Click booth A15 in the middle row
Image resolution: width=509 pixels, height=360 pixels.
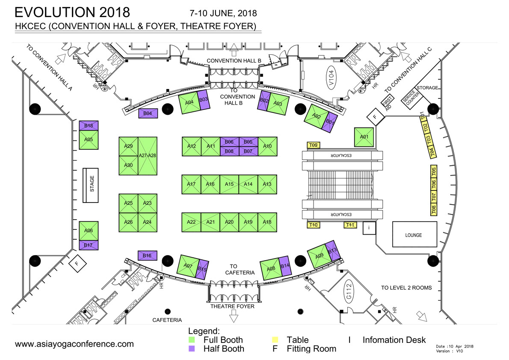tap(229, 184)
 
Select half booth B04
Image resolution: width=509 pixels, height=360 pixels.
tap(148, 113)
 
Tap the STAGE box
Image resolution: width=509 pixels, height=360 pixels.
tap(92, 185)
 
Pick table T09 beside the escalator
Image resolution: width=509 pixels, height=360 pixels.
tap(314, 146)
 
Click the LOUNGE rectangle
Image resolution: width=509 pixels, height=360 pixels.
tap(414, 235)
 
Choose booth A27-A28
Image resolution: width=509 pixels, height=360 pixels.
tap(147, 156)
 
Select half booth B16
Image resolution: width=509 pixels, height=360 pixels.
tap(148, 256)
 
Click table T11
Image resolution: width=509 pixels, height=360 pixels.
tap(350, 225)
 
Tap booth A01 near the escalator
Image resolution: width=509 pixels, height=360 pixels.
tap(364, 137)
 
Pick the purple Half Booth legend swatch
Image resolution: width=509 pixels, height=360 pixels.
tap(192, 349)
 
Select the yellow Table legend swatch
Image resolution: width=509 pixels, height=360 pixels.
tap(276, 340)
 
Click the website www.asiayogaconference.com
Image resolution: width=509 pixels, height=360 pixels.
tap(74, 344)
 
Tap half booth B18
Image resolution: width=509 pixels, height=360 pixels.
tap(89, 126)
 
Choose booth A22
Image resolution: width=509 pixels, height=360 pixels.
tap(191, 222)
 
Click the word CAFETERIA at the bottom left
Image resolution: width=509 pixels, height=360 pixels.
tap(168, 320)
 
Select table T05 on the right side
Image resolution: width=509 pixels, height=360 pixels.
tap(434, 172)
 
